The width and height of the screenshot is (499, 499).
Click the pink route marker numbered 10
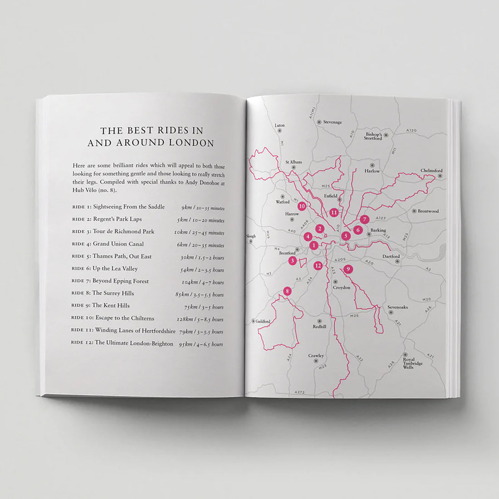tap(302, 205)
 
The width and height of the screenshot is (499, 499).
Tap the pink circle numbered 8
tap(287, 291)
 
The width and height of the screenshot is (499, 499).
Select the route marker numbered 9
tap(348, 269)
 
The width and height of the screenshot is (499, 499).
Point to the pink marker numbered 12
tap(318, 265)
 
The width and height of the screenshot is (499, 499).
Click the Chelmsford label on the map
tap(431, 171)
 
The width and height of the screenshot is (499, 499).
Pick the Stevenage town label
tap(333, 122)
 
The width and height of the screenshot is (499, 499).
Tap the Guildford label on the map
tap(263, 321)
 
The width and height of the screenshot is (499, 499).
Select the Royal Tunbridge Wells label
tap(412, 363)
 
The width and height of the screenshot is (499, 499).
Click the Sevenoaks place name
tap(397, 307)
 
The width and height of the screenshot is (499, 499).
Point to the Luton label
tap(280, 125)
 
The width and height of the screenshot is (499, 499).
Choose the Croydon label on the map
tap(341, 288)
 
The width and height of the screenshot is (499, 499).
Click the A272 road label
tap(299, 391)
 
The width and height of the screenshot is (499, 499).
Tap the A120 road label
tap(411, 130)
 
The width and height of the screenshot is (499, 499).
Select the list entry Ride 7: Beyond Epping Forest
tap(111, 281)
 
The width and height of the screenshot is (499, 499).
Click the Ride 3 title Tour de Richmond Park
tap(123, 231)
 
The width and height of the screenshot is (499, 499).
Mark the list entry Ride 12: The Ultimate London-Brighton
tap(122, 343)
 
